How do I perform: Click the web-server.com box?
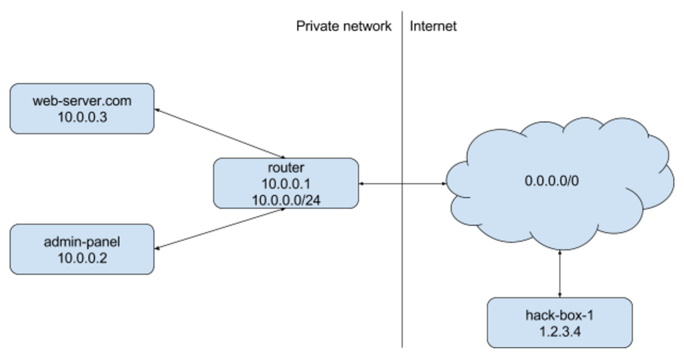point(82,108)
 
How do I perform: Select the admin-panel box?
point(82,249)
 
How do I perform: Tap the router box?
point(286,183)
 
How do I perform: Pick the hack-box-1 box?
point(559,323)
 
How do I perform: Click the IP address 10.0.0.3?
point(82,117)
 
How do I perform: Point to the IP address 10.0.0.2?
point(82,258)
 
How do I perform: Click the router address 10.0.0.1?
point(286,184)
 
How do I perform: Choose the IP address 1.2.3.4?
point(560,331)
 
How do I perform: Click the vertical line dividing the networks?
point(402,266)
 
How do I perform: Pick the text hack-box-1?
point(560,315)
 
